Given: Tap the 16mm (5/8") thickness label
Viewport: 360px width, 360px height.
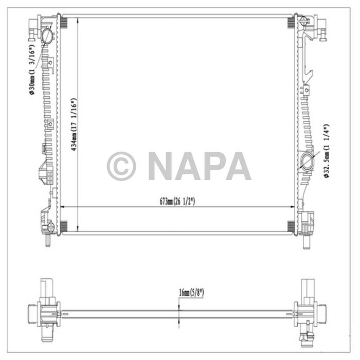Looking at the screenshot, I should [x=191, y=293].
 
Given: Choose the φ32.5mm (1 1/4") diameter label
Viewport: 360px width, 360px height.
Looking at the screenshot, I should [x=326, y=151].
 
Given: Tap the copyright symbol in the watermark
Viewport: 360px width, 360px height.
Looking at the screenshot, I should [x=121, y=166].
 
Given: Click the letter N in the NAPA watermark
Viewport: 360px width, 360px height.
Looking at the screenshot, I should [x=160, y=166].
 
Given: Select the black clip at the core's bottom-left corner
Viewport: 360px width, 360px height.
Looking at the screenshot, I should [x=64, y=226].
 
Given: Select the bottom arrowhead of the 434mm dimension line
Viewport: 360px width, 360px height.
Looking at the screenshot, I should [x=77, y=229].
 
